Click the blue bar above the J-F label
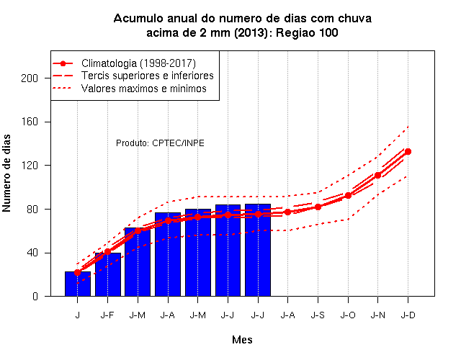click(x=108, y=274)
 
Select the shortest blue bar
click(x=78, y=284)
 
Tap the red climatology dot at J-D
click(x=408, y=152)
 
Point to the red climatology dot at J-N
click(x=377, y=175)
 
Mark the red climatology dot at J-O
click(x=348, y=195)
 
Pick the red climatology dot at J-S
click(x=318, y=207)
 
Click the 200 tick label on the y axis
click(x=30, y=78)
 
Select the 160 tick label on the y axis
click(x=30, y=122)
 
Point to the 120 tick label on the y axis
click(x=30, y=166)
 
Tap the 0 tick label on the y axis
click(x=35, y=296)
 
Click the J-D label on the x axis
click(x=408, y=315)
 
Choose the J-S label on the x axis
click(x=318, y=315)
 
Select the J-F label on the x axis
click(x=107, y=315)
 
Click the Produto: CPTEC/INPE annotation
click(x=160, y=143)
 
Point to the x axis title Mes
click(x=242, y=340)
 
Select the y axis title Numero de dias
click(x=6, y=174)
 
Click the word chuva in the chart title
click(x=354, y=18)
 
